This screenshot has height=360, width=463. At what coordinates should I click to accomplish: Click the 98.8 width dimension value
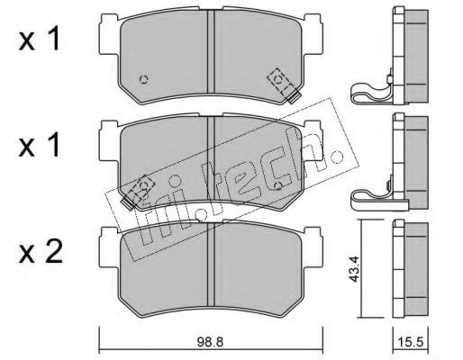[210, 342]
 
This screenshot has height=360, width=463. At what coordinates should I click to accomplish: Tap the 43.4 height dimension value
[355, 272]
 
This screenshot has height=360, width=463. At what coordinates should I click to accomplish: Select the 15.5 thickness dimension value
[411, 342]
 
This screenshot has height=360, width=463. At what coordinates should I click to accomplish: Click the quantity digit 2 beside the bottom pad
[53, 253]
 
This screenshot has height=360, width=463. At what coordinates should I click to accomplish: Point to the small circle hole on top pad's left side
[144, 79]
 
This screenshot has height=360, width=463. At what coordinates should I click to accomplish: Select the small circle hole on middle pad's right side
[278, 186]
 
